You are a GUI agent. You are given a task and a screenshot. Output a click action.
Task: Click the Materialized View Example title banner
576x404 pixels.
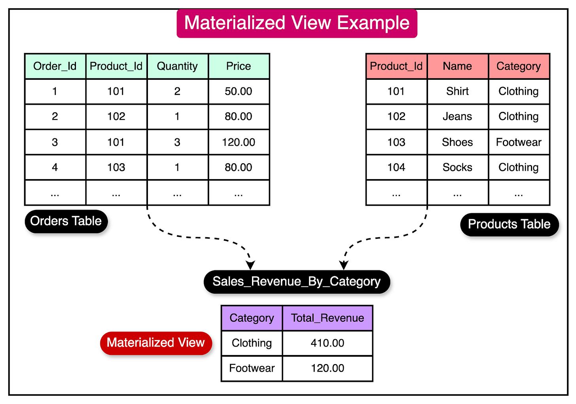point(297,23)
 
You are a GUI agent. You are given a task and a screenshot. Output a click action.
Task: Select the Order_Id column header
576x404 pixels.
point(55,66)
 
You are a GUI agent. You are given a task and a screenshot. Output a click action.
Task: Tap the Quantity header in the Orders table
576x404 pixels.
point(177,66)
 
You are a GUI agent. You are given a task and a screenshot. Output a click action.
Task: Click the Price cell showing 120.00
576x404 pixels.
point(239,142)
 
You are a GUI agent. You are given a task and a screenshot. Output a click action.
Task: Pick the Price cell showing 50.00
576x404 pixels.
point(239,92)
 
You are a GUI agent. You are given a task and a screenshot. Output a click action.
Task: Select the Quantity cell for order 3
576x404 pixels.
point(177,142)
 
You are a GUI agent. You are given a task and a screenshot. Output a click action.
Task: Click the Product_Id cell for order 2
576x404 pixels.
point(116,117)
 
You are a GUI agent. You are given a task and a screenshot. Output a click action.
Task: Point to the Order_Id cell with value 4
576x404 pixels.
point(55,168)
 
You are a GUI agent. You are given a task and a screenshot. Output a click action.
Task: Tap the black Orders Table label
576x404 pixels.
point(66,221)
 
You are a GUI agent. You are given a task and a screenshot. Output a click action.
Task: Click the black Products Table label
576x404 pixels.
point(509,225)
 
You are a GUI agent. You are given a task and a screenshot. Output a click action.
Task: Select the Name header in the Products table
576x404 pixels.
point(457,66)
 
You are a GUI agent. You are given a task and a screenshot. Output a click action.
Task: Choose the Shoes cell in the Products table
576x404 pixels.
point(457,142)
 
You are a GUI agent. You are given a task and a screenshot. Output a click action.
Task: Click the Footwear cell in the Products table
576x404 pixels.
point(519,142)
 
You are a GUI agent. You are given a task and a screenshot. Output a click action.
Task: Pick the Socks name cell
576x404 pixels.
point(457,168)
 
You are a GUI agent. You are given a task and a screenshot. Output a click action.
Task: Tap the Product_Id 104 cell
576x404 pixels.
point(396,168)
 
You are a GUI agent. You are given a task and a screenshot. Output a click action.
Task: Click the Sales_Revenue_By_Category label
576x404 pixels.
point(297,281)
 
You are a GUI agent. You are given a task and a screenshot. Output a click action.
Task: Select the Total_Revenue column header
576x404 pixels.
point(328,318)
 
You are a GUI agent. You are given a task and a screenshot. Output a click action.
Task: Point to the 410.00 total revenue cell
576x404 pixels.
point(328,343)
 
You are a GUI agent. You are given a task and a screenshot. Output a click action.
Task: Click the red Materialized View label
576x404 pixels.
point(156,343)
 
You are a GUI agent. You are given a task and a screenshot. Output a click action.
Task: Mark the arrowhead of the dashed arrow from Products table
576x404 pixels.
point(344,265)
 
